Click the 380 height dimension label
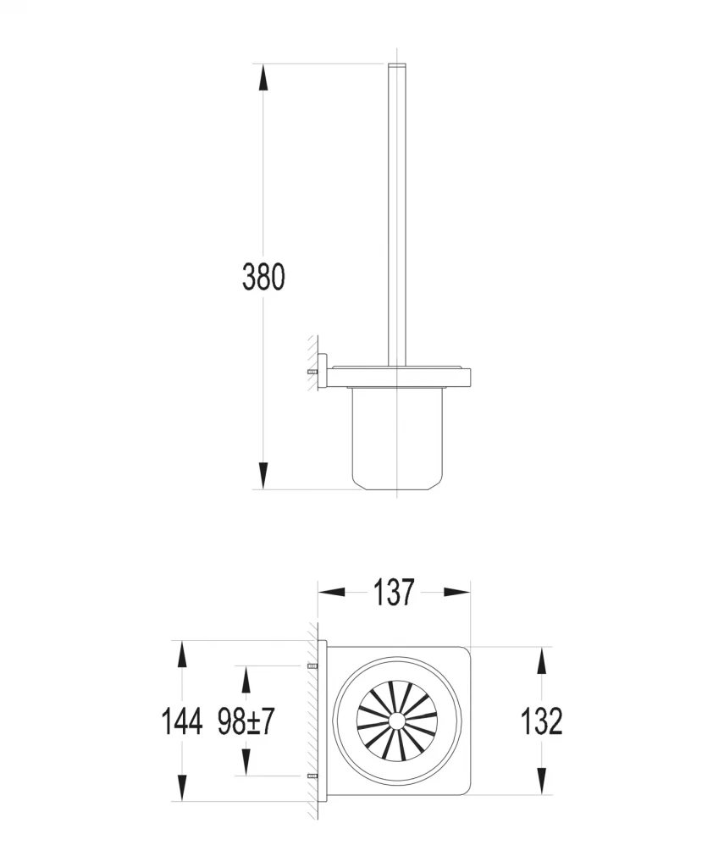click(263, 277)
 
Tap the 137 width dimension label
click(393, 592)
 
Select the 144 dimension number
click(181, 721)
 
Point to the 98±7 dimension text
click(246, 721)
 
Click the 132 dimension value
click(541, 721)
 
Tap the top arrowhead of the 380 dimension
click(263, 77)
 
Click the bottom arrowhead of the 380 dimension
click(263, 476)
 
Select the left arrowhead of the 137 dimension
click(331, 592)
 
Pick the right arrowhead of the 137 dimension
click(456, 592)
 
